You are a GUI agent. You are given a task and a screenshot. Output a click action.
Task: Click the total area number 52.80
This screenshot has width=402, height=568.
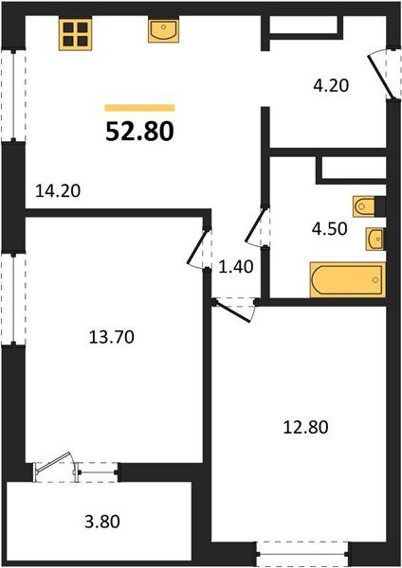coord(140,132)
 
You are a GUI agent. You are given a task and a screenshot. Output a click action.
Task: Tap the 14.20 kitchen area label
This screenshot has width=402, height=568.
coord(58,191)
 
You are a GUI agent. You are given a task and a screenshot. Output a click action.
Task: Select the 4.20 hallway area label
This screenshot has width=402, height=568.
coord(331,85)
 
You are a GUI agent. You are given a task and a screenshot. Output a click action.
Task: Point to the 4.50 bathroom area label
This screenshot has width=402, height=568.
coord(330,229)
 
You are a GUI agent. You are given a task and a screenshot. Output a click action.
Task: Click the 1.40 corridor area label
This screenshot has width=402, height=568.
coord(236,267)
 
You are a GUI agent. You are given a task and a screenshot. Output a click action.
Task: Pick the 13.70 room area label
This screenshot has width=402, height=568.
coord(112,337)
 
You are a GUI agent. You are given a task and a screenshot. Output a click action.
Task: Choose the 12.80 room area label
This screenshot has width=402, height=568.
coord(306,427)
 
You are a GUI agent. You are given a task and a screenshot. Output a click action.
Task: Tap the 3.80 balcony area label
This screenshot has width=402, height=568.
coord(102,523)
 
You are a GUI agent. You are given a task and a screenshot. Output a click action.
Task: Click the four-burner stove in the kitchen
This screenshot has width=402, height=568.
coord(76,34)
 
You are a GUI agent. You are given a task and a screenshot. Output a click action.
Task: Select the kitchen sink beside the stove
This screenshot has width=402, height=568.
coord(164,30)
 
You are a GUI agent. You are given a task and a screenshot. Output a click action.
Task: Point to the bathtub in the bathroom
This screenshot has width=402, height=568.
coord(347,280)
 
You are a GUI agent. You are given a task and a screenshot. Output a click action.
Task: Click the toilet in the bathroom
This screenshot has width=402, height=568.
coord(364,206)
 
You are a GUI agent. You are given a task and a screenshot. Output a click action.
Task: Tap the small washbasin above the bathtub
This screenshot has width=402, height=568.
coord(375,239)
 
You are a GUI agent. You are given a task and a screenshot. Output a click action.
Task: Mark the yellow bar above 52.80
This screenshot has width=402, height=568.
coord(140,108)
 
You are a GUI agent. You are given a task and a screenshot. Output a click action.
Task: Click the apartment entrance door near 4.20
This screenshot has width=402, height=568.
coord(380,77)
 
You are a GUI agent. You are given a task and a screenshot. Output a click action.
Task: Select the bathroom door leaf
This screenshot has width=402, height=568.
coord(257,224)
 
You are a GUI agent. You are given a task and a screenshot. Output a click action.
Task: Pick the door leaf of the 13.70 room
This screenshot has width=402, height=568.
coord(196,247)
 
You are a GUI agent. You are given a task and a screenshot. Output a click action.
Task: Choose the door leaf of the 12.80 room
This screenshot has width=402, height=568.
coord(233,311)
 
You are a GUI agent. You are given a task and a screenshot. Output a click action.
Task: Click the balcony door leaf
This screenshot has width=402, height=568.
coord(53,462)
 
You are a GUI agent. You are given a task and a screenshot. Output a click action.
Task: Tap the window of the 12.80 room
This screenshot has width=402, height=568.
coord(301,554)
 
